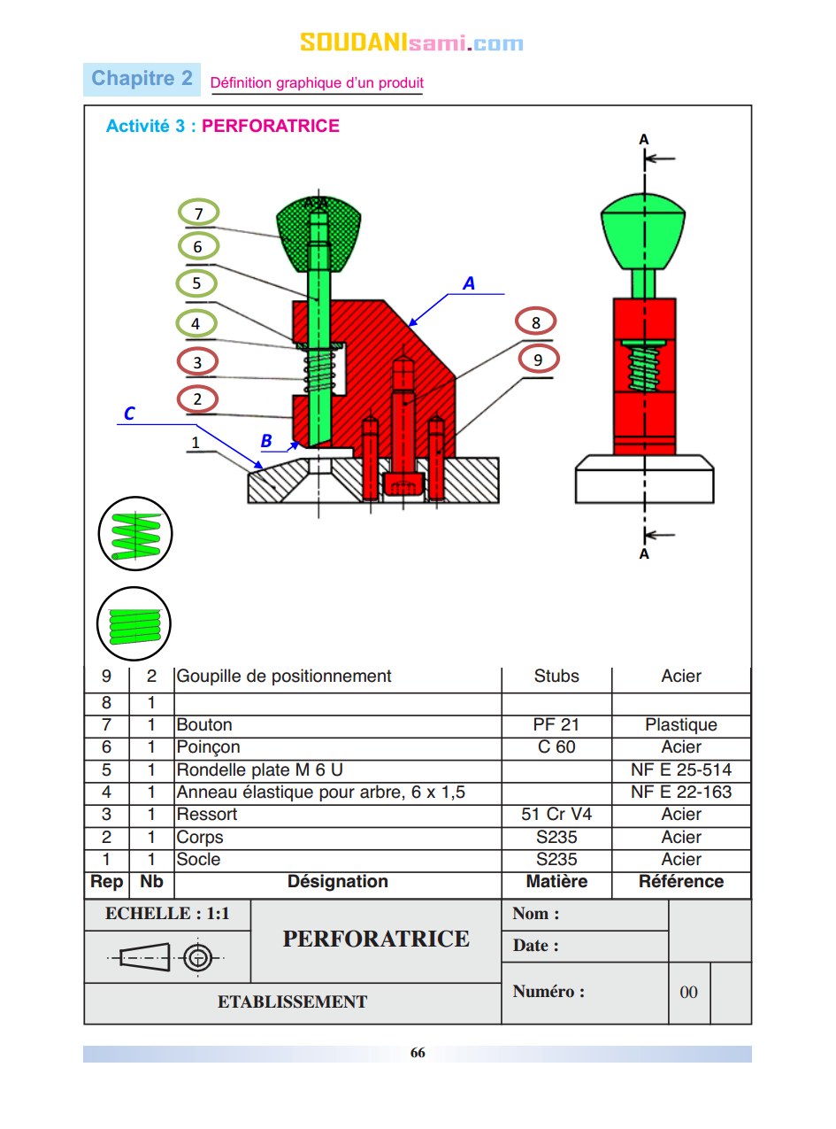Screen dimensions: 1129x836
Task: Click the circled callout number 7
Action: coord(198,213)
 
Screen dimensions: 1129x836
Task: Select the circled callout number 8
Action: coord(535,322)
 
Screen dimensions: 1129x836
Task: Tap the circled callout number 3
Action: coord(197,361)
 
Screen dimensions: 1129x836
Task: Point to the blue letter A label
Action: coord(469,283)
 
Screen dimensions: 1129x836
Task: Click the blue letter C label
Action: coord(129,414)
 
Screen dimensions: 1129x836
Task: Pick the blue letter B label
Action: coord(266,441)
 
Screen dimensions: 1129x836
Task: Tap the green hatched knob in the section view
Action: coord(318,235)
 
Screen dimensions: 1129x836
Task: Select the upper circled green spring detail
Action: coord(134,534)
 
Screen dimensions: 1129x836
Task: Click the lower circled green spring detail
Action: coord(134,623)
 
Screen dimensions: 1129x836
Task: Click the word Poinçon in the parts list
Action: coord(208,747)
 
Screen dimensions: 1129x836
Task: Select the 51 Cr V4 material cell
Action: coord(556,815)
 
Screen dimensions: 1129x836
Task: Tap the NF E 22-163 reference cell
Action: coord(681,793)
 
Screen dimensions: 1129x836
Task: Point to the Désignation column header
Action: coord(338,882)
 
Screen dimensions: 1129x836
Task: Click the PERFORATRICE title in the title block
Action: coord(376,939)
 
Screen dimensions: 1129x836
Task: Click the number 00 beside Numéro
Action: coord(688,993)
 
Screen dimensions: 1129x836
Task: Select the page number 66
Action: coord(418,1053)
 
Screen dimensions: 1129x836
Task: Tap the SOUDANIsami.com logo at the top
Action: coord(411,43)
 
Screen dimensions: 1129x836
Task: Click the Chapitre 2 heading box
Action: coord(142,79)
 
